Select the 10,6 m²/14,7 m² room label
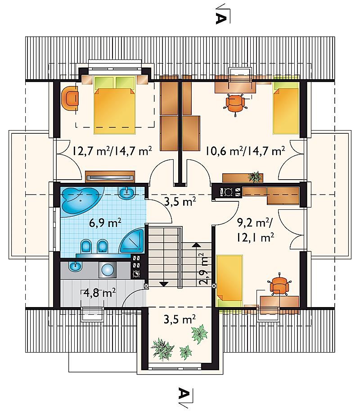[x=245, y=151]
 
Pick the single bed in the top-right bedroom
[x=286, y=107]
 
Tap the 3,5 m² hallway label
[x=180, y=202]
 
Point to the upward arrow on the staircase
[x=196, y=245]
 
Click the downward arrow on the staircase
[x=164, y=284]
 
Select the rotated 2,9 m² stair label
[x=204, y=269]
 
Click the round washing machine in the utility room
[x=108, y=270]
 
